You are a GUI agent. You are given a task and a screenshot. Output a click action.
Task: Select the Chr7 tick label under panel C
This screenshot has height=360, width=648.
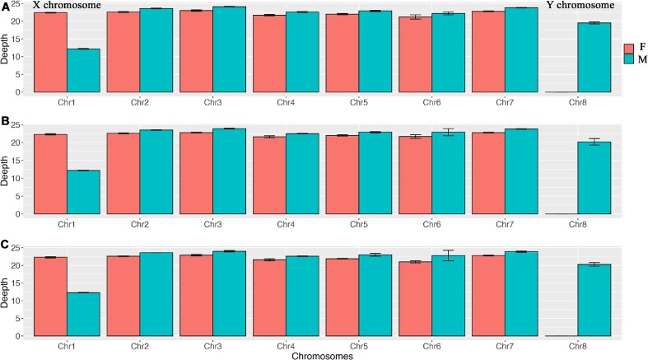click(x=488, y=344)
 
